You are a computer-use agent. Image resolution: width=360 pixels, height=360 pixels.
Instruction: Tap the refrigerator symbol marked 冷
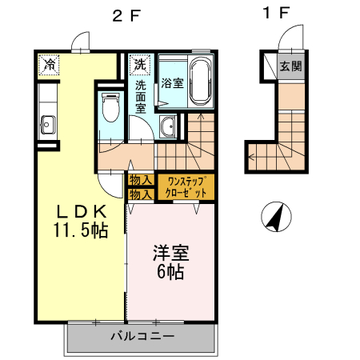pos(50,64)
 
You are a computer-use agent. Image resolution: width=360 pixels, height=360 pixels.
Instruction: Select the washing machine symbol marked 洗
pos(140,63)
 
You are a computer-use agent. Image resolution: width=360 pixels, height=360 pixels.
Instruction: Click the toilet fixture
pos(110,107)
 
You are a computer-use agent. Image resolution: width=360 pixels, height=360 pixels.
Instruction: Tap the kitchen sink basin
pos(47,123)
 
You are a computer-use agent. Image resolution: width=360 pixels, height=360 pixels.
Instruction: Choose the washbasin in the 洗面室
pos(168,126)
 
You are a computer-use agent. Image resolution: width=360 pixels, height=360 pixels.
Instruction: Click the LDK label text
pos(80,212)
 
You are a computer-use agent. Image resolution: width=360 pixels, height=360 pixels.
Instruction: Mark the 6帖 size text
pos(170,272)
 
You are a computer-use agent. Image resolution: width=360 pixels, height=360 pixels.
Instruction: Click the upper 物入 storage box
pos(141,181)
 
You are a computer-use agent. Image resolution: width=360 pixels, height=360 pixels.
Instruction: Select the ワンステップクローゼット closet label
pos(185,187)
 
